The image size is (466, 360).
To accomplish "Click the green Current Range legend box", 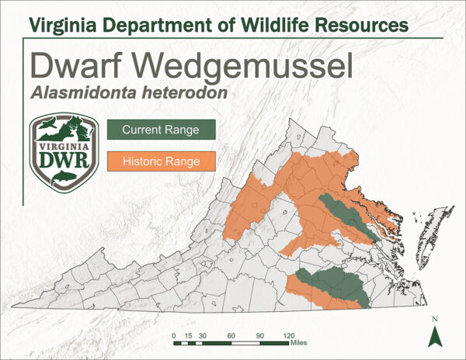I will [161, 130].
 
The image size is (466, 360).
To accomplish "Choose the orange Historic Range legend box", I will [161, 162].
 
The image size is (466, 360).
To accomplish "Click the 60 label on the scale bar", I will [231, 334].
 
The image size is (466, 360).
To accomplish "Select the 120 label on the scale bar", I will [288, 334].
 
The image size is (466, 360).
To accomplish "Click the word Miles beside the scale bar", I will [300, 342].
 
